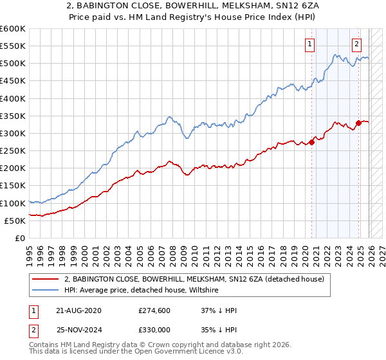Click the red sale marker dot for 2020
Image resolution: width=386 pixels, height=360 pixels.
click(311, 142)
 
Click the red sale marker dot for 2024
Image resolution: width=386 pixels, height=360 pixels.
click(358, 123)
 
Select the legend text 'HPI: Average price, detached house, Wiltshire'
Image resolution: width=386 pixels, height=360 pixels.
click(142, 290)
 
